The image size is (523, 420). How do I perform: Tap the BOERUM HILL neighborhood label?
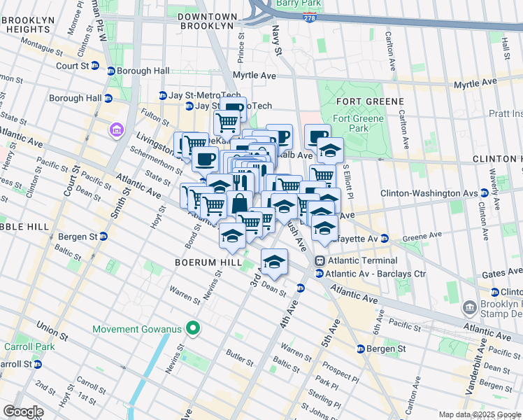(201, 262)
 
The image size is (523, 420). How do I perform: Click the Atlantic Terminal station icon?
(319, 260)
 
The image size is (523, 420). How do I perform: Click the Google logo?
(24, 412)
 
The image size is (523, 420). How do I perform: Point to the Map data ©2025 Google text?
(479, 414)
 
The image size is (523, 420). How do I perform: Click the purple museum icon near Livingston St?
(115, 129)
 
